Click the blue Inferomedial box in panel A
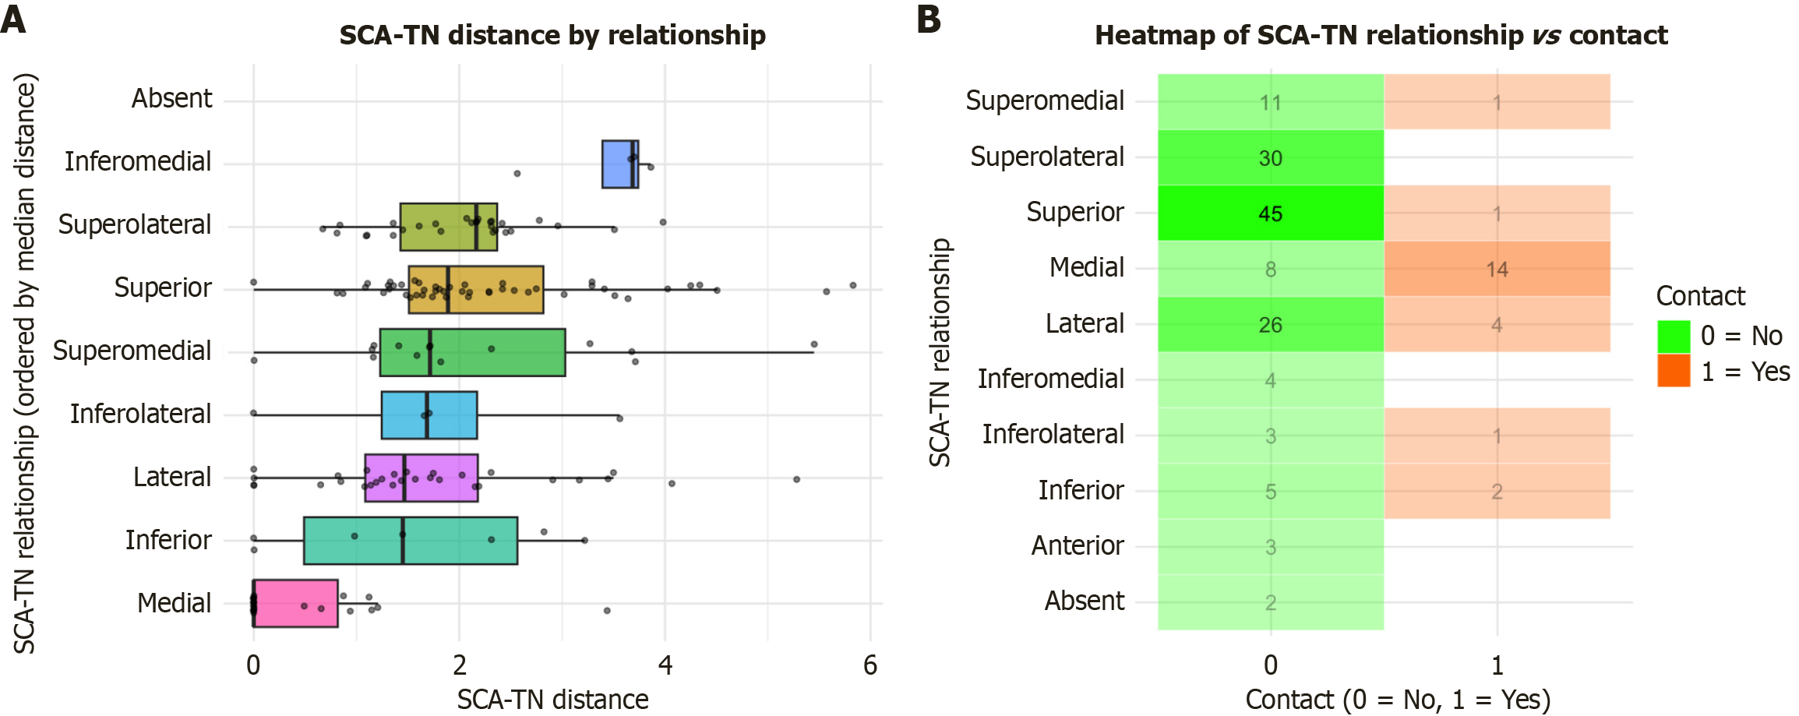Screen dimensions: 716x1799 click(x=619, y=164)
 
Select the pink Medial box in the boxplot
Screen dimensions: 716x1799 click(x=295, y=603)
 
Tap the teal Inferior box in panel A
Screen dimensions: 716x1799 click(x=411, y=540)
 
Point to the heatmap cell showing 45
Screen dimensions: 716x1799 click(x=1270, y=213)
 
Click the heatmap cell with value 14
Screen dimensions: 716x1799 click(x=1496, y=269)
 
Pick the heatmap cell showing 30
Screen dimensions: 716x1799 click(x=1270, y=158)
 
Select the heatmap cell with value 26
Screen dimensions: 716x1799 click(x=1270, y=324)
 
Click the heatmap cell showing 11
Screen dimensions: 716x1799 click(x=1270, y=102)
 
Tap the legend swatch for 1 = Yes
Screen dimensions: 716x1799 click(x=1674, y=371)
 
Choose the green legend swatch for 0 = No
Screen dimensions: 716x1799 click(x=1674, y=337)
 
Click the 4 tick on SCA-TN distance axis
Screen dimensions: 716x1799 click(x=665, y=665)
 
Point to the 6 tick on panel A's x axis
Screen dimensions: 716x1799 click(x=870, y=665)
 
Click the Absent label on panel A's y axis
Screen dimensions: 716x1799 click(x=171, y=99)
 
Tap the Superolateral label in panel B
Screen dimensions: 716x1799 click(x=1046, y=157)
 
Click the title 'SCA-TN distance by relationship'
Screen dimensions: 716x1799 click(x=552, y=36)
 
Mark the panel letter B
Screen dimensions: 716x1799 click(x=929, y=19)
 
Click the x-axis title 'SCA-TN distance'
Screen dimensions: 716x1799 click(x=552, y=699)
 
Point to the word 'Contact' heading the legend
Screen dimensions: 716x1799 click(x=1700, y=296)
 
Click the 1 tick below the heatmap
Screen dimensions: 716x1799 click(x=1497, y=665)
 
